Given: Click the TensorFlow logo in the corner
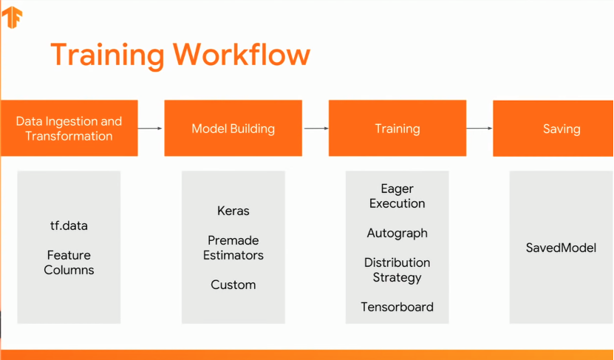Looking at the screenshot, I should tap(13, 16).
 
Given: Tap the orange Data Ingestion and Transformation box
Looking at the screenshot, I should tap(69, 129).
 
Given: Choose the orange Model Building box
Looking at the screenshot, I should tap(233, 129).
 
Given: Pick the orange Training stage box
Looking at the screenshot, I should tap(397, 129).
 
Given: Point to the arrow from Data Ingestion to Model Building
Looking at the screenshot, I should tap(151, 129).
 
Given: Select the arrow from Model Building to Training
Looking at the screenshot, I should tap(315, 129).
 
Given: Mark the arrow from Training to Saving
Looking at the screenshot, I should tap(480, 129).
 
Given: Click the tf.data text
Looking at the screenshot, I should tap(69, 225).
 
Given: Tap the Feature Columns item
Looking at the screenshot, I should tap(69, 262).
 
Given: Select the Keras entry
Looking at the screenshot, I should tap(233, 211).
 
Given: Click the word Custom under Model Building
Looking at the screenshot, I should tap(233, 285).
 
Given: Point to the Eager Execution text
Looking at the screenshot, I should tap(397, 196).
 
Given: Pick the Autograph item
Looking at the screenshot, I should tap(397, 233).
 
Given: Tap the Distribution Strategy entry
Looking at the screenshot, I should tap(397, 270).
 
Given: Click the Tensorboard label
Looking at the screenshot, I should tap(397, 307).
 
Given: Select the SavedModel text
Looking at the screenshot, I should tap(560, 248).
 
